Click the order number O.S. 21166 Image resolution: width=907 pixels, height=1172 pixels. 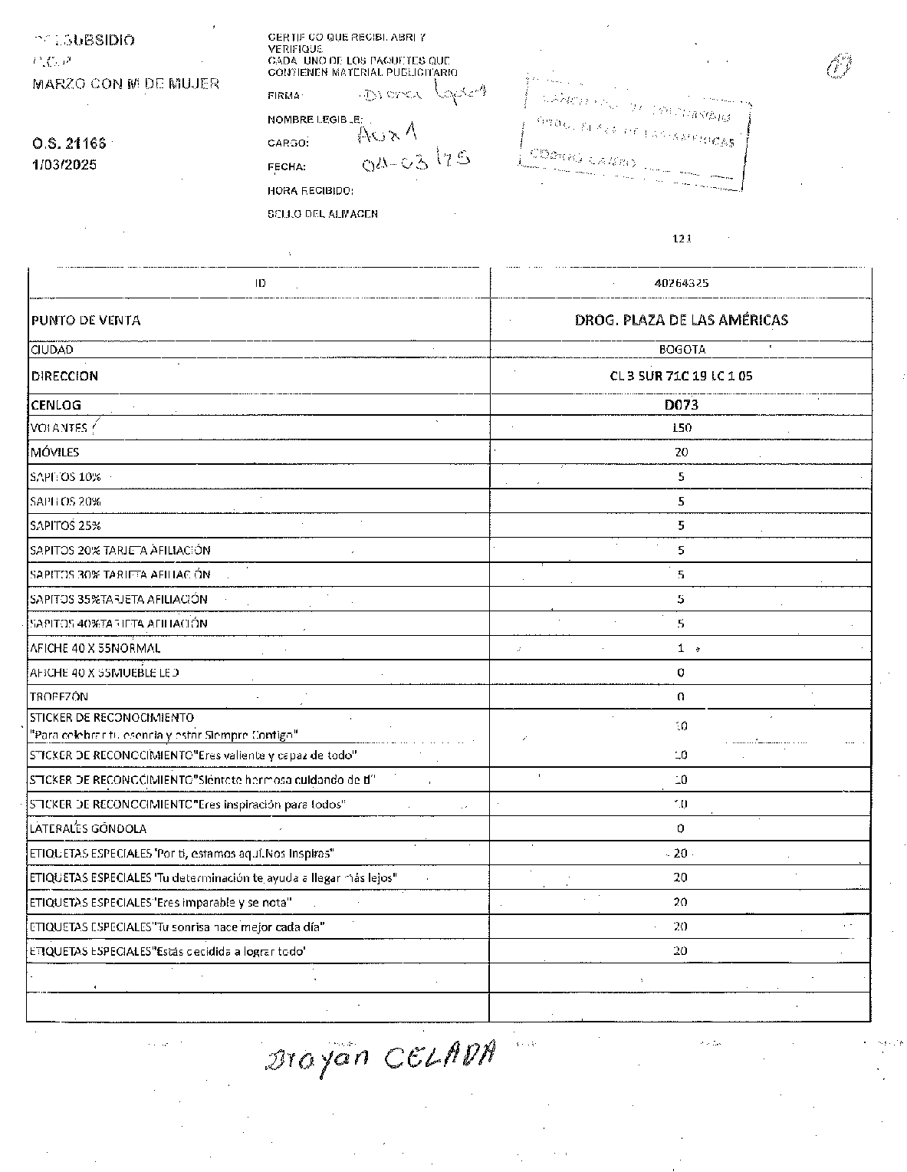[69, 143]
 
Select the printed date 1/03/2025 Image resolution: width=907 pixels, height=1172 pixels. [64, 165]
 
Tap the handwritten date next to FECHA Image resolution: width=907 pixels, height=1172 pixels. [415, 159]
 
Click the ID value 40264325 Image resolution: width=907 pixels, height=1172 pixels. [681, 283]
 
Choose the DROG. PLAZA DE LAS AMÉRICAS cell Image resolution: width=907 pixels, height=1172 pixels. [681, 320]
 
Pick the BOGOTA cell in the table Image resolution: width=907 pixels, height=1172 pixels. [682, 350]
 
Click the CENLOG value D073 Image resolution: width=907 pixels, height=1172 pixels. [681, 405]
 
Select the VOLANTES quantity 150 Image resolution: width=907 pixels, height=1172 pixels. [681, 428]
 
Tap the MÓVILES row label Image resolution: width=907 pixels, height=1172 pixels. [54, 453]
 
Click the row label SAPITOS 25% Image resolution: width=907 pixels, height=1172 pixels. [65, 526]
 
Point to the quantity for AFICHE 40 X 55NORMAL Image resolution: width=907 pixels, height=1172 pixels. [681, 648]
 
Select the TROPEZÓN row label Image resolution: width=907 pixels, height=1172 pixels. [59, 697]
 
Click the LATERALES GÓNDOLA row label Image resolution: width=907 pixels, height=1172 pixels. [87, 829]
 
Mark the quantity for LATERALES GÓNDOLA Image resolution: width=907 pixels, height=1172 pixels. [681, 829]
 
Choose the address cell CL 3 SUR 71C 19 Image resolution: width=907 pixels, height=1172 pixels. [681, 377]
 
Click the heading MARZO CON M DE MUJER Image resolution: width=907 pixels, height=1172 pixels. [126, 84]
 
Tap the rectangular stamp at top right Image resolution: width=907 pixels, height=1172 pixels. [636, 132]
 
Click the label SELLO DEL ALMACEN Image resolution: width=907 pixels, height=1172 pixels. [322, 214]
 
